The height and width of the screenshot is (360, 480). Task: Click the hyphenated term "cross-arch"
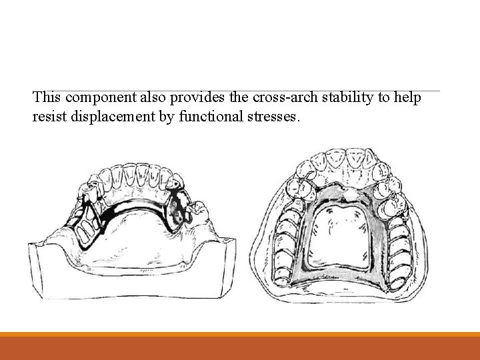[282, 98]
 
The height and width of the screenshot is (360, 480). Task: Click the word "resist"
[48, 117]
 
